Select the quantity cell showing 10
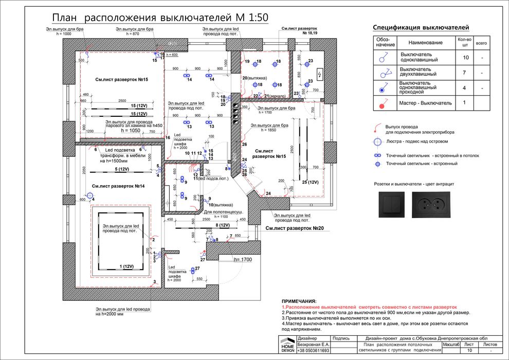466,58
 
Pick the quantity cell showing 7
466,73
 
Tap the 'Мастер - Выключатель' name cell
426,103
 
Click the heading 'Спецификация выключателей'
421,28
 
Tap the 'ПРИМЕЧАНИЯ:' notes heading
299,301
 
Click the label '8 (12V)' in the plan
222,225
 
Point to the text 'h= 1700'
243,260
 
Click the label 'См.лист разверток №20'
295,228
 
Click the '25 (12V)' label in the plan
311,182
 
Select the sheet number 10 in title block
468,350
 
